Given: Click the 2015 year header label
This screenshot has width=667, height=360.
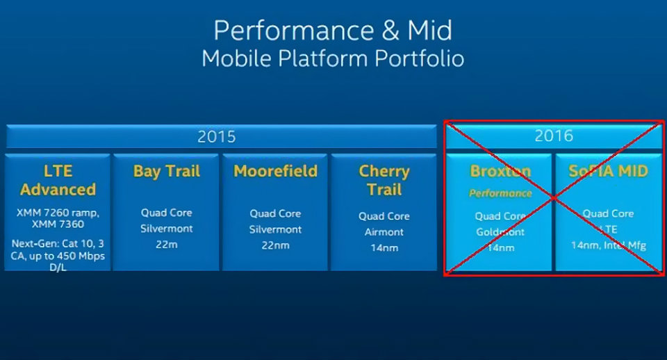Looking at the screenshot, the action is [217, 137].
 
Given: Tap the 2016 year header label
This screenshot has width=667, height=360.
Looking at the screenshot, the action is [554, 136].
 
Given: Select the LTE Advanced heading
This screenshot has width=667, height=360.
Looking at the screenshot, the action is [58, 180].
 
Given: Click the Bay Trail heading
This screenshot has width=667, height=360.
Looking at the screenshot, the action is [167, 171].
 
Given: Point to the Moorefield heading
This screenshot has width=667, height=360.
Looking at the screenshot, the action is [276, 171].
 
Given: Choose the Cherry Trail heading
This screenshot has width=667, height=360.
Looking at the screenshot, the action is [384, 180].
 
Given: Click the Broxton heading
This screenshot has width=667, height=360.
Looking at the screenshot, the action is [500, 171].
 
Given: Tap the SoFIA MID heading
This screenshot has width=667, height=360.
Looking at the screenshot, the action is [609, 171].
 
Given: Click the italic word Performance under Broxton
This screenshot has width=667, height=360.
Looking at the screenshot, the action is [500, 194].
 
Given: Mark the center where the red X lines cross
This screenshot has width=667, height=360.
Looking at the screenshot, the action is [554, 198].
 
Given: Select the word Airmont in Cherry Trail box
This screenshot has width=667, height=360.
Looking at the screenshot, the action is [384, 232].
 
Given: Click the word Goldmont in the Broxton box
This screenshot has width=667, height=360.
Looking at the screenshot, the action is [500, 232].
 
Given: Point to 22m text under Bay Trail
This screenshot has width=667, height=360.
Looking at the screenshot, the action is [167, 245].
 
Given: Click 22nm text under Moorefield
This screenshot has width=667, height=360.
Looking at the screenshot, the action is [276, 245].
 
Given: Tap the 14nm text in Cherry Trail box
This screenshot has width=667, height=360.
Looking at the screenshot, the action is [384, 247].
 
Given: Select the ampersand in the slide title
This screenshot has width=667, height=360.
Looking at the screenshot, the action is [390, 31].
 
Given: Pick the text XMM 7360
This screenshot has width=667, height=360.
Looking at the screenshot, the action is [58, 224].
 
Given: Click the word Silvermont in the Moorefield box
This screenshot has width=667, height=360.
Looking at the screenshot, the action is [276, 230].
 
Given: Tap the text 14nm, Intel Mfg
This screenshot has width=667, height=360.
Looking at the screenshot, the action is [609, 245].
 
